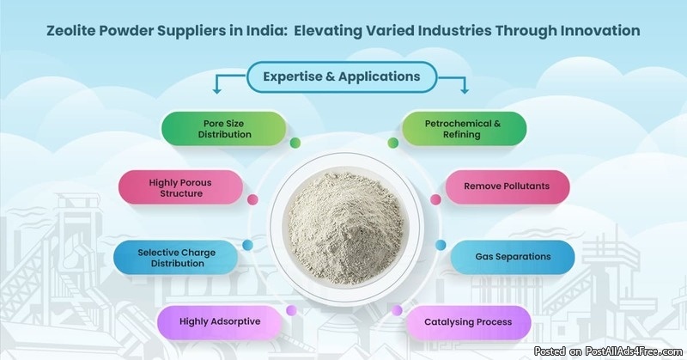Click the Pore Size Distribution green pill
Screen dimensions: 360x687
click(x=222, y=129)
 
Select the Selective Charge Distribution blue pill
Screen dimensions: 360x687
click(x=176, y=257)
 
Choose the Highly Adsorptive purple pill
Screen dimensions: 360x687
click(x=220, y=322)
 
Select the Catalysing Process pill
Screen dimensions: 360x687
click(x=468, y=322)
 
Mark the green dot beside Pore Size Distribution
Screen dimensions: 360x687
click(x=295, y=143)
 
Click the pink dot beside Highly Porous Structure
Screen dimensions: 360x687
click(x=252, y=199)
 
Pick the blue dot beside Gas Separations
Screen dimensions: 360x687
click(x=441, y=245)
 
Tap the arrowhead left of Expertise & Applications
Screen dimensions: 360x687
click(x=216, y=88)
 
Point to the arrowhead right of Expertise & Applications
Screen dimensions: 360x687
click(x=465, y=88)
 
